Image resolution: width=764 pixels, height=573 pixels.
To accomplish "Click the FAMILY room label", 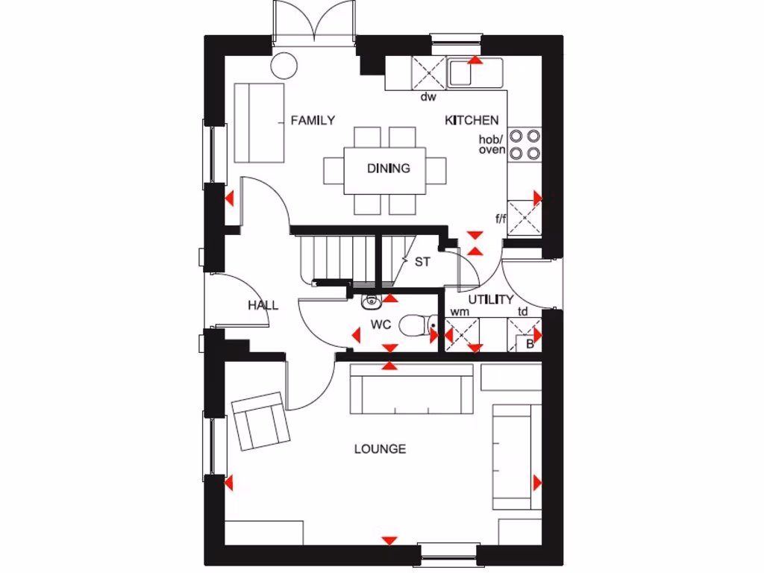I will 313,120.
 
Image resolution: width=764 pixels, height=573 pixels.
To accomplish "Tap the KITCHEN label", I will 472,120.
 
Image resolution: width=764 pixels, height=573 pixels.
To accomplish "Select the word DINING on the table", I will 388,169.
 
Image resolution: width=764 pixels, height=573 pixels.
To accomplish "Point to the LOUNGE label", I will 380,449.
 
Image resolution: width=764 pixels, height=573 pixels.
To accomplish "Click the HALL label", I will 263,305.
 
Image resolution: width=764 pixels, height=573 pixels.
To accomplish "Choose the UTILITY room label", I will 490,300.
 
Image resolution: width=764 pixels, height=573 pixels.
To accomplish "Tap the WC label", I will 381,325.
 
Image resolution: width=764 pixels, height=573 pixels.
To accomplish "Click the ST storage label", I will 422,262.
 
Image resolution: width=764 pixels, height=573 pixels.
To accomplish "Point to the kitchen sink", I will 475,73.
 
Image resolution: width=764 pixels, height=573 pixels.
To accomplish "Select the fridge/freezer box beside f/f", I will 525,218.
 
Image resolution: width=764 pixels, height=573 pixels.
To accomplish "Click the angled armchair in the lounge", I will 260,422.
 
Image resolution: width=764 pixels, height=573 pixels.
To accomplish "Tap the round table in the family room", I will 284,65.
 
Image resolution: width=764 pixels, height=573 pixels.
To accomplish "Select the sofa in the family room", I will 259,123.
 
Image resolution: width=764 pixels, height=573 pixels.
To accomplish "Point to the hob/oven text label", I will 492,145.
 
